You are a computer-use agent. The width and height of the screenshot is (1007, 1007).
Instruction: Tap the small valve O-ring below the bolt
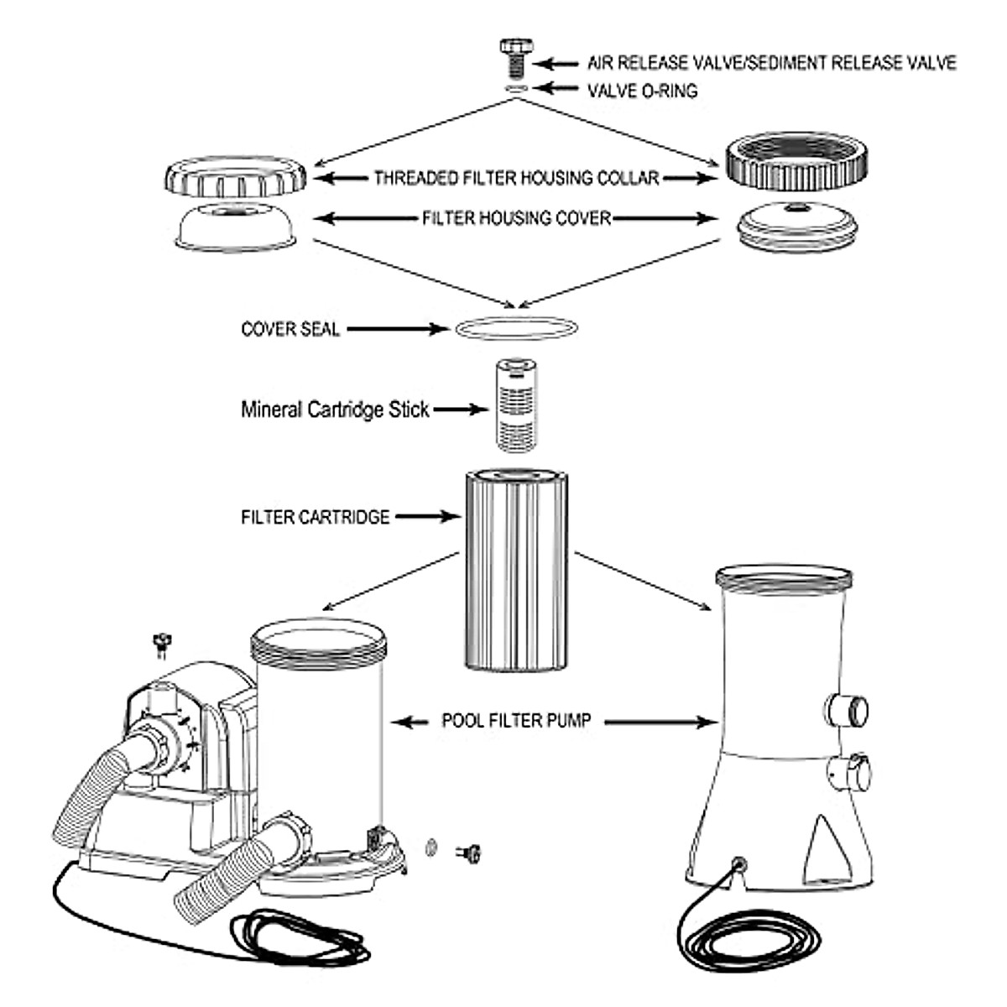[x=515, y=87]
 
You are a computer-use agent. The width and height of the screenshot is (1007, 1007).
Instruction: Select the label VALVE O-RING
[x=642, y=91]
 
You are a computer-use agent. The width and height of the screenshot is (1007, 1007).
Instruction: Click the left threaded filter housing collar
[x=237, y=179]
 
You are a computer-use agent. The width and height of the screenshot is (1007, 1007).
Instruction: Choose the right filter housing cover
[x=795, y=224]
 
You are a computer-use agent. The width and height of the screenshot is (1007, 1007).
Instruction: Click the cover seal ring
[x=517, y=328]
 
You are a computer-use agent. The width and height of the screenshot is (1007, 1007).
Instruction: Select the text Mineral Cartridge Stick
[x=335, y=410]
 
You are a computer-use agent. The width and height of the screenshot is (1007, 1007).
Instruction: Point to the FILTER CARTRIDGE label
[x=315, y=517]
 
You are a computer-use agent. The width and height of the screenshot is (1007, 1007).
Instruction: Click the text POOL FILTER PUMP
[x=516, y=720]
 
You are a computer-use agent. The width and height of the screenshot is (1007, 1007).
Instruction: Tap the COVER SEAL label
[x=290, y=329]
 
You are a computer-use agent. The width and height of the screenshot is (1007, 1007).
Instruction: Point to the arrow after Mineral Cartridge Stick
[x=461, y=410]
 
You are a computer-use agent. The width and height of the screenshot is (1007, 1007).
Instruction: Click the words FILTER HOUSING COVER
[x=516, y=218]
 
